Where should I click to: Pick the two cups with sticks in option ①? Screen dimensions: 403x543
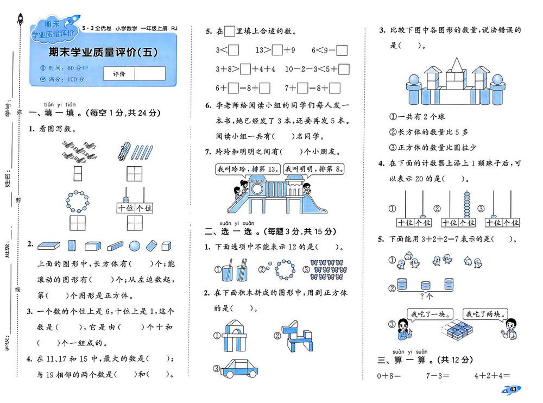pos(233,268)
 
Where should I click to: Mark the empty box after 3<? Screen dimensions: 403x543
pos(234,51)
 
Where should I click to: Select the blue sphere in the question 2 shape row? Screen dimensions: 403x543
pos(136,245)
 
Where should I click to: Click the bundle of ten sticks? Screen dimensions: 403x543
pos(123,152)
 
